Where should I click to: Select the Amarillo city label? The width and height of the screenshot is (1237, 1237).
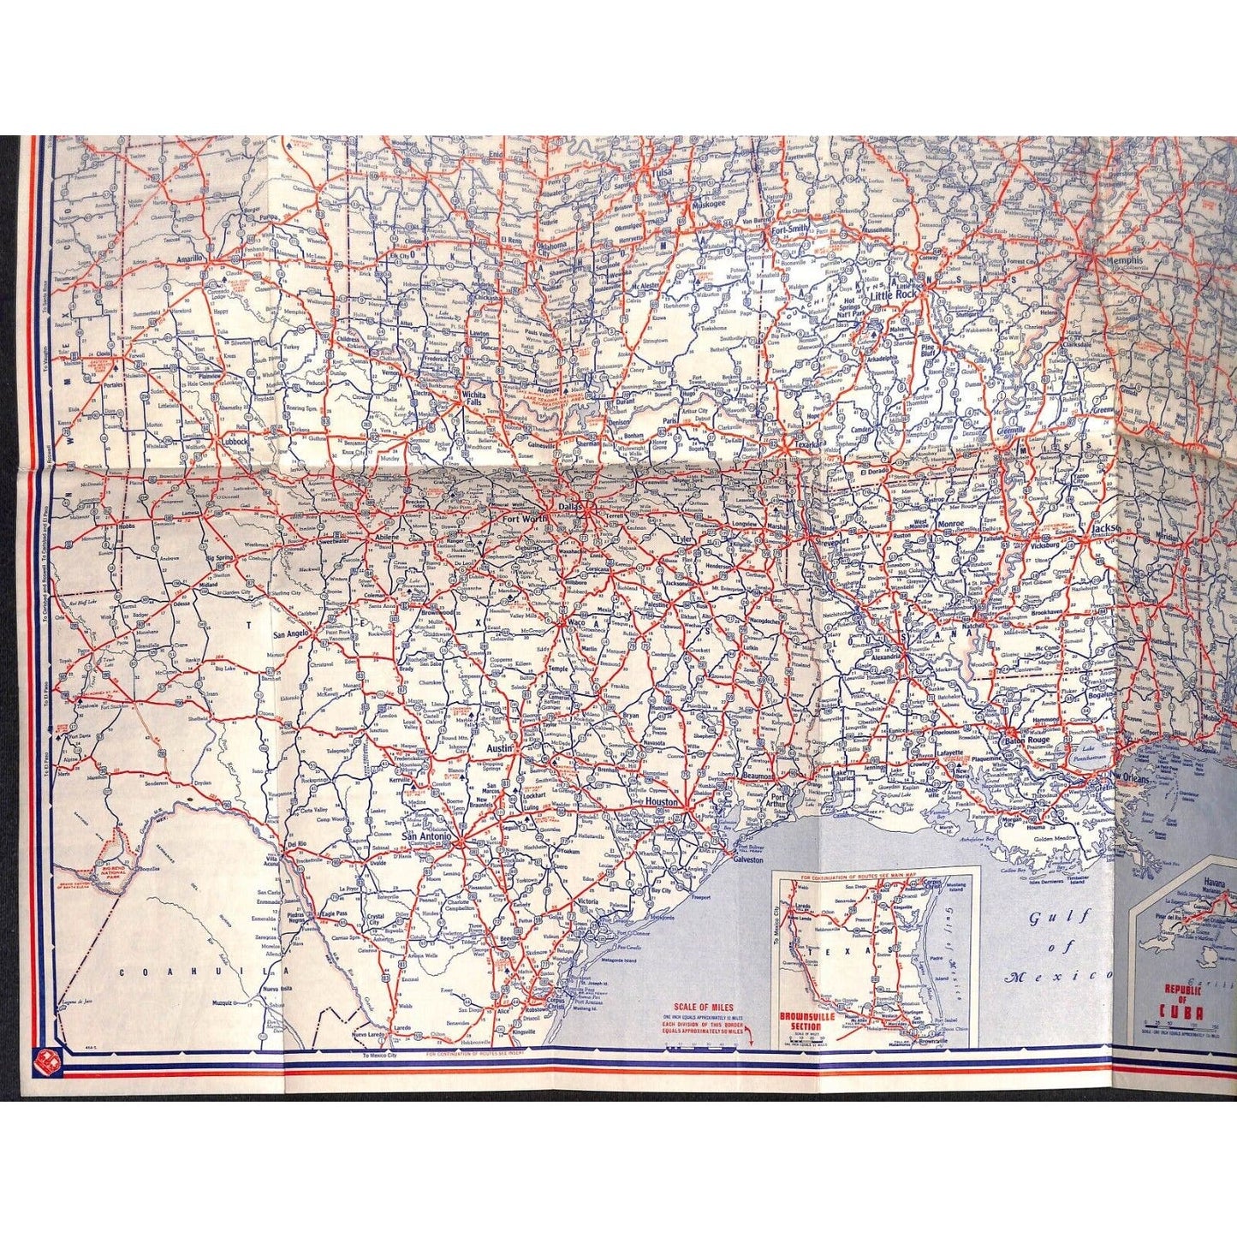186,257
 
